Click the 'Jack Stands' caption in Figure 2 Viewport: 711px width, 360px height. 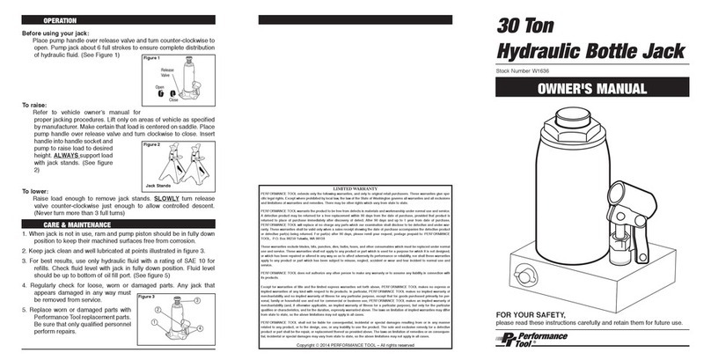[x=159, y=186]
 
